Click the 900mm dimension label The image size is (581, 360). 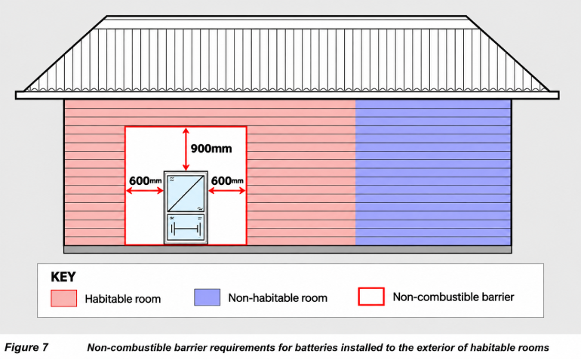(211, 149)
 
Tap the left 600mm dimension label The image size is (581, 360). (145, 180)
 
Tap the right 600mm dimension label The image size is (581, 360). (227, 180)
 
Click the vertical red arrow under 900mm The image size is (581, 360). (186, 149)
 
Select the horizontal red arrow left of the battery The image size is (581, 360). (145, 191)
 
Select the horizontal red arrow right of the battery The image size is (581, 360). (227, 191)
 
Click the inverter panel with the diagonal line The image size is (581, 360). (186, 193)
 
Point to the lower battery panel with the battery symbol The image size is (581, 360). (186, 227)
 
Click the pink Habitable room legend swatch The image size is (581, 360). (63, 298)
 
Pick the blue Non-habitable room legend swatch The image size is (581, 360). (207, 297)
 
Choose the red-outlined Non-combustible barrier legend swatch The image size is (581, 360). (371, 297)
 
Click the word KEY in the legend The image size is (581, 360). (63, 277)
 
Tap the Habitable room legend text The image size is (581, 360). (123, 299)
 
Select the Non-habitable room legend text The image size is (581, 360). (278, 297)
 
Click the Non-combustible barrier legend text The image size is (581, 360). (453, 297)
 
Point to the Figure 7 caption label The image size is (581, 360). (26, 347)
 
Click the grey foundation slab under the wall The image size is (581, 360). (287, 250)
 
